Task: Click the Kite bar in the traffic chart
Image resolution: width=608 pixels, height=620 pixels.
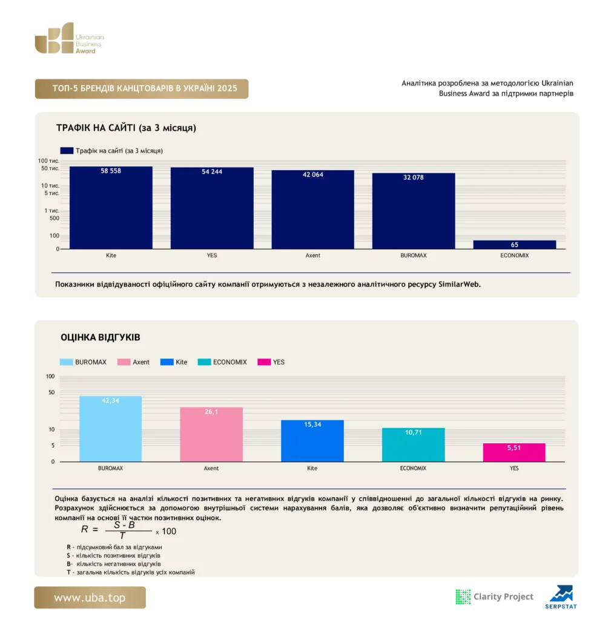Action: [x=111, y=208]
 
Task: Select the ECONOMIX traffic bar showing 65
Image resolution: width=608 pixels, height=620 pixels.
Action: [x=514, y=245]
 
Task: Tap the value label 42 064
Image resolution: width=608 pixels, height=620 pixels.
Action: [x=312, y=174]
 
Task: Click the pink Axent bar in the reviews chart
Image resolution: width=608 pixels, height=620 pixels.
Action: [x=211, y=434]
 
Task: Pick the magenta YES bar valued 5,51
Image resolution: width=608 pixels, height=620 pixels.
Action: [x=514, y=452]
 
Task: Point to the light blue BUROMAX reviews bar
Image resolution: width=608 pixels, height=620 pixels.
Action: [x=110, y=429]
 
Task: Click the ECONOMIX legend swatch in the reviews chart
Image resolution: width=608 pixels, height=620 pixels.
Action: [x=204, y=362]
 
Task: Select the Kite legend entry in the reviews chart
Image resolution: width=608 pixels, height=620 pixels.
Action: [x=174, y=362]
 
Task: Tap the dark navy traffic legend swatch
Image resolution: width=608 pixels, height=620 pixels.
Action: [x=67, y=151]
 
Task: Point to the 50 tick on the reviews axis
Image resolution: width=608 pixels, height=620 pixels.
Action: [x=51, y=392]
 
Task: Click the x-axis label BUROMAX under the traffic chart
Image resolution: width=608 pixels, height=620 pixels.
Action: [x=414, y=256]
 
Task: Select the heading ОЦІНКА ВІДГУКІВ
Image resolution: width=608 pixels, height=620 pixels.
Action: [x=100, y=337]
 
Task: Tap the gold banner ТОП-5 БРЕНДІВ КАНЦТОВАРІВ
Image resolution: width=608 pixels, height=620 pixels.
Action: [x=142, y=88]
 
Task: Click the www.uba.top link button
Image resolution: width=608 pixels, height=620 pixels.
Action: [x=90, y=598]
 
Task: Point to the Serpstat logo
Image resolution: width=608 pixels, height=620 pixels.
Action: [x=561, y=597]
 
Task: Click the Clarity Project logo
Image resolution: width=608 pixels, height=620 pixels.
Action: [x=494, y=596]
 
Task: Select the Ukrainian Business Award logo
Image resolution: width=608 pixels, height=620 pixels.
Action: [x=69, y=38]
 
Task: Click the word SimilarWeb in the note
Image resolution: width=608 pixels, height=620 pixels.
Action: [x=459, y=285]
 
